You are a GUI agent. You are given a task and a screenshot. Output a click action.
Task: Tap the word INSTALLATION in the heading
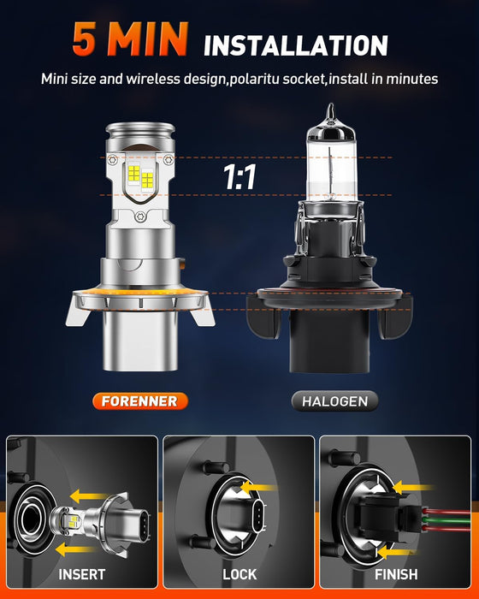coord(296,44)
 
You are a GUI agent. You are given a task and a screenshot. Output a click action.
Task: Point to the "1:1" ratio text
coord(239,179)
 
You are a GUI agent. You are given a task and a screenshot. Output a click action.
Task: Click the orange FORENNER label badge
coord(139,400)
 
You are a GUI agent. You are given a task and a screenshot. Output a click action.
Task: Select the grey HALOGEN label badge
coord(334,400)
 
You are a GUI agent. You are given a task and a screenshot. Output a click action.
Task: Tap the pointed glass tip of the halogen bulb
coord(329,112)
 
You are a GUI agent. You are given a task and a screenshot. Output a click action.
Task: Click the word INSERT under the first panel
coord(83,574)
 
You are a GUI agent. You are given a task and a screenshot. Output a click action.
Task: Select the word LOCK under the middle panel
coord(239,574)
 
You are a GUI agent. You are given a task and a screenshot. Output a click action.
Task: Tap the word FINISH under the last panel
coord(396,574)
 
